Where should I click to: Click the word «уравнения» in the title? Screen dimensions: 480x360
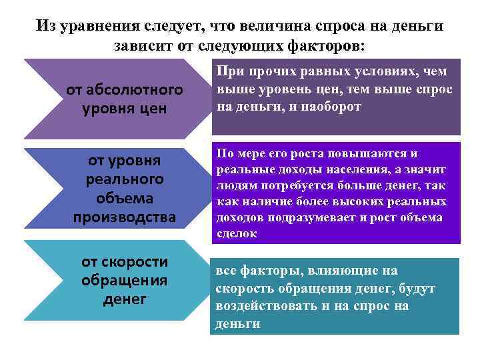pyautogui.click(x=99, y=26)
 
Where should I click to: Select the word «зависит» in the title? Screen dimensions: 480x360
pyautogui.click(x=142, y=46)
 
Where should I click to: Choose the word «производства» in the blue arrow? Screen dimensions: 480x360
pyautogui.click(x=125, y=217)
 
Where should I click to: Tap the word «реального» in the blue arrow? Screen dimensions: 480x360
pyautogui.click(x=125, y=179)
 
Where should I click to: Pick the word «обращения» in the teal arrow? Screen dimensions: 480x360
pyautogui.click(x=124, y=280)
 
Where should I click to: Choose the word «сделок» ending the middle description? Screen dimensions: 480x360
pyautogui.click(x=237, y=233)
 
